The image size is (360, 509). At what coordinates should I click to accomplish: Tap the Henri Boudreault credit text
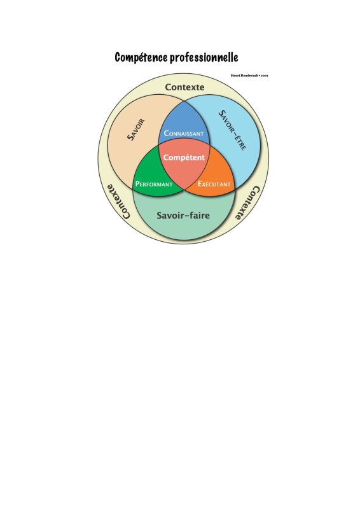(x=249, y=76)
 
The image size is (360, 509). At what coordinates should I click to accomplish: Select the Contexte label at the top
(x=184, y=87)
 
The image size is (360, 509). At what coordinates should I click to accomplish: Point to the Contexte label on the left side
(x=118, y=201)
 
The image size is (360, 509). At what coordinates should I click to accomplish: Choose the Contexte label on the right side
(x=247, y=203)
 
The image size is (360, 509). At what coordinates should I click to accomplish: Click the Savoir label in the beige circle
(x=135, y=130)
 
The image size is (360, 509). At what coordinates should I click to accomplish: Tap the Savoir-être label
(x=232, y=130)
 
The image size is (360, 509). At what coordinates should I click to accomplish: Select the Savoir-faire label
(x=183, y=215)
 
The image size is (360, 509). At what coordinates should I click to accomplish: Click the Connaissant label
(x=184, y=133)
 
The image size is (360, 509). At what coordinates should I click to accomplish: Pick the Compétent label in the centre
(x=184, y=157)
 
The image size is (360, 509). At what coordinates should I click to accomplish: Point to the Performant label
(x=154, y=184)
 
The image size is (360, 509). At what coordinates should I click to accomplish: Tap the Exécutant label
(x=214, y=184)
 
